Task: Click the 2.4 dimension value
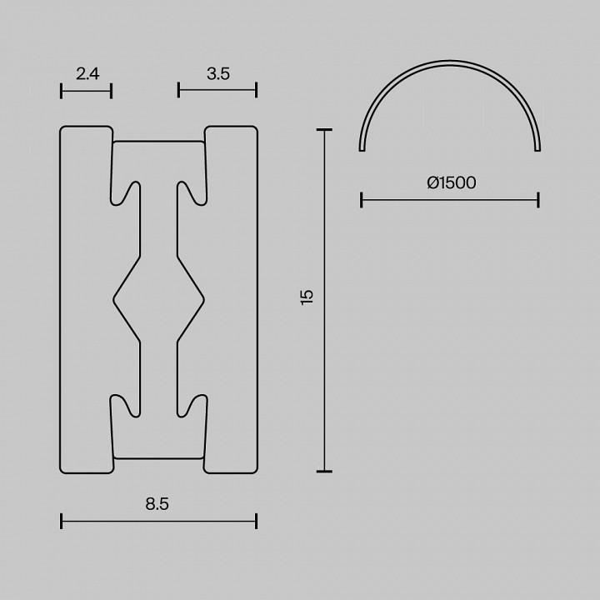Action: [87, 73]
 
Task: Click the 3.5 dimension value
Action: [218, 73]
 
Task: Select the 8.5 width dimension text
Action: [158, 503]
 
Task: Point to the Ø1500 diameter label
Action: [451, 182]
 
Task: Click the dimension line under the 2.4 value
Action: [87, 90]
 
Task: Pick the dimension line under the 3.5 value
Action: [217, 90]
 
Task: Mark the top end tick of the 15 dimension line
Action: [324, 130]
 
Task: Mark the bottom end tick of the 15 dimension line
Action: [324, 472]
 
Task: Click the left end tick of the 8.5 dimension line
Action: [62, 522]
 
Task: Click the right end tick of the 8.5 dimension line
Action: [256, 522]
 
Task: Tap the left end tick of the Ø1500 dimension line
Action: [361, 199]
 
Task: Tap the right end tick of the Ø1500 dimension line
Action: [538, 199]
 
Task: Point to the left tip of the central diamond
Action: [113, 297]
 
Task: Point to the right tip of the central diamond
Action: [203, 297]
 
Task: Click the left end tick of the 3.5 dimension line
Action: [178, 90]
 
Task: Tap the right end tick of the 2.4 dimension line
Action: [112, 90]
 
